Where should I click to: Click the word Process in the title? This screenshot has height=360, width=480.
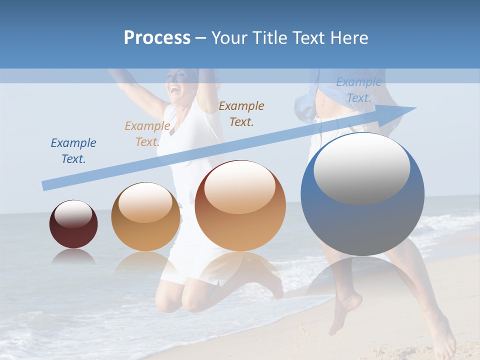pos(157,38)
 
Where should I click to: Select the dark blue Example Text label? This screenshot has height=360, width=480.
pos(73,151)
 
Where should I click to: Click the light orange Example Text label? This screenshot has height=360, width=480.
pos(147,134)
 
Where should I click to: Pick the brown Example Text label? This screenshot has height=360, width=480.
pos(241,113)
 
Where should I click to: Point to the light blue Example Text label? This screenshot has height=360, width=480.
pos(359,90)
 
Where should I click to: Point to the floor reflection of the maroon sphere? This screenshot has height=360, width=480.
pos(73,257)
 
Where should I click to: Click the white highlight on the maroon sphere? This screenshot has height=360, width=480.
pos(73,214)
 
